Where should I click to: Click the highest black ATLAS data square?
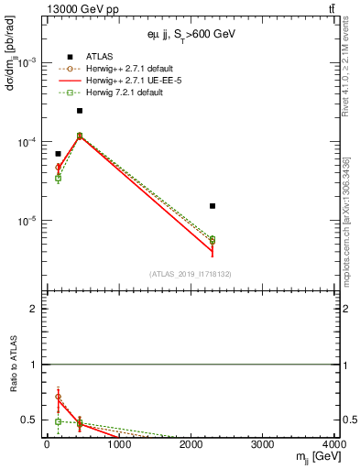(80, 111)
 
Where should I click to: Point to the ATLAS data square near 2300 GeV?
(213, 206)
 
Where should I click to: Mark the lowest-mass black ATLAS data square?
(58, 154)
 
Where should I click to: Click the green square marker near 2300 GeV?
(213, 240)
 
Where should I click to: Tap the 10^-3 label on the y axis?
(27, 62)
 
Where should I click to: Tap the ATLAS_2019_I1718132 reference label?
(191, 274)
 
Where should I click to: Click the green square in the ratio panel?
(58, 422)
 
